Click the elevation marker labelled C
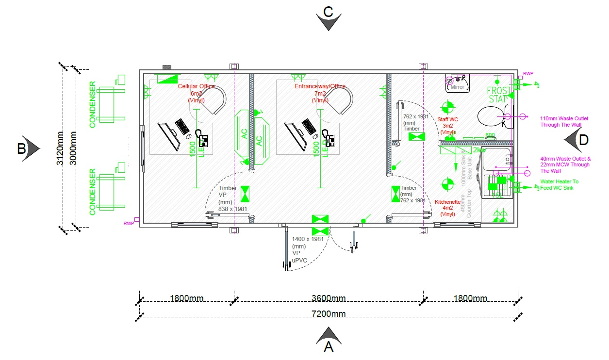click(x=328, y=17)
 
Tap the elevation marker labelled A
click(x=329, y=340)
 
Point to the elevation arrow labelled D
click(x=577, y=140)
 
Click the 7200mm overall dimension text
click(x=329, y=313)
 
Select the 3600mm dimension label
click(x=329, y=298)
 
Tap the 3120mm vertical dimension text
click(x=60, y=148)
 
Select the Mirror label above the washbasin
click(x=458, y=87)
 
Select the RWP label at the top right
click(x=528, y=74)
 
